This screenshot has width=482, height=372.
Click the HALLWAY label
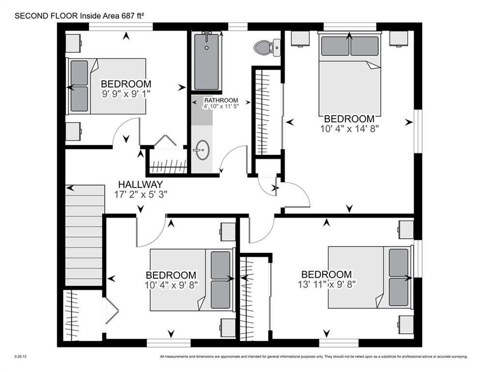pyautogui.click(x=141, y=185)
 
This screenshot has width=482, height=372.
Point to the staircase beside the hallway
pyautogui.click(x=84, y=235)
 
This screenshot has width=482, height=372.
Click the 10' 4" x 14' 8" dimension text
pyautogui.click(x=349, y=129)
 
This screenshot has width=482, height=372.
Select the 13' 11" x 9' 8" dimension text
pyautogui.click(x=327, y=284)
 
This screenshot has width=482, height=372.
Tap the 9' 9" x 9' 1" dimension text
pyautogui.click(x=125, y=94)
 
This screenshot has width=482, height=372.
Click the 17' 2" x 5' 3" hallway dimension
pyautogui.click(x=141, y=195)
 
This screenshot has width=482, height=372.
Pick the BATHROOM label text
pyautogui.click(x=221, y=100)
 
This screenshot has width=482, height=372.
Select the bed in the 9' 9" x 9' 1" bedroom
pyautogui.click(x=107, y=86)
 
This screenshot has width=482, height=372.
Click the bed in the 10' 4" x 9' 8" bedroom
pyautogui.click(x=191, y=279)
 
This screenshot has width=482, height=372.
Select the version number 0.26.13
pyautogui.click(x=20, y=357)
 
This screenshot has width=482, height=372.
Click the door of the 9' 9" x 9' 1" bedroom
pyautogui.click(x=125, y=132)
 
